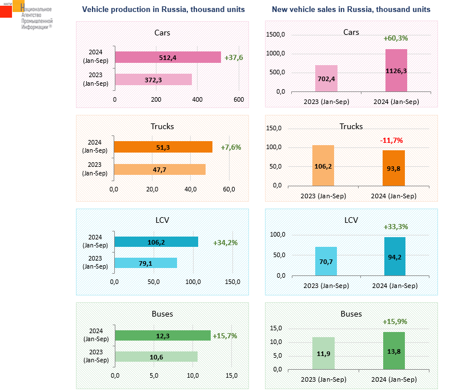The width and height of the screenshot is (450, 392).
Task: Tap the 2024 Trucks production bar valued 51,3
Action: point(163,147)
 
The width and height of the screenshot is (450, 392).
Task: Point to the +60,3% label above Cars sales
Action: point(395,38)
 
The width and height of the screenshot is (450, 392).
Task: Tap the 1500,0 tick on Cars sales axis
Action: point(276,35)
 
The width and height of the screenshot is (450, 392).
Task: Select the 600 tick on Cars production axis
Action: point(239,99)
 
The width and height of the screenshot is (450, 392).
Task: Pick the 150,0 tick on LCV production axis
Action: point(232,282)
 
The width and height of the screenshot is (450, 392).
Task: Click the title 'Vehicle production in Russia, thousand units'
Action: point(163,10)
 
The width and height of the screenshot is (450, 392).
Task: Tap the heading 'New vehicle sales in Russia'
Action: point(351,10)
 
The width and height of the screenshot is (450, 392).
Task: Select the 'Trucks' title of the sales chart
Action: point(351,126)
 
